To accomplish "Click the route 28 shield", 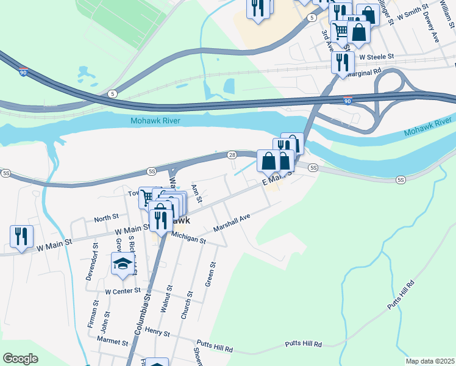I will tap(232, 155).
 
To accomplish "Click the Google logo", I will tap(21, 359).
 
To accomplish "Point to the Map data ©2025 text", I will tap(430, 361).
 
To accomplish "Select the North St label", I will tap(106, 218).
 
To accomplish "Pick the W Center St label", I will tap(123, 291).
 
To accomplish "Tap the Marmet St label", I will tap(112, 343).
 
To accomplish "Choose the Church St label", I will tap(187, 304).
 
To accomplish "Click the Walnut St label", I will tap(166, 299).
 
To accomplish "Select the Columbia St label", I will tap(143, 314).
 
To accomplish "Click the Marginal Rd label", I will tap(363, 71).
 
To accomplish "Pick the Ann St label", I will tap(196, 194).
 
